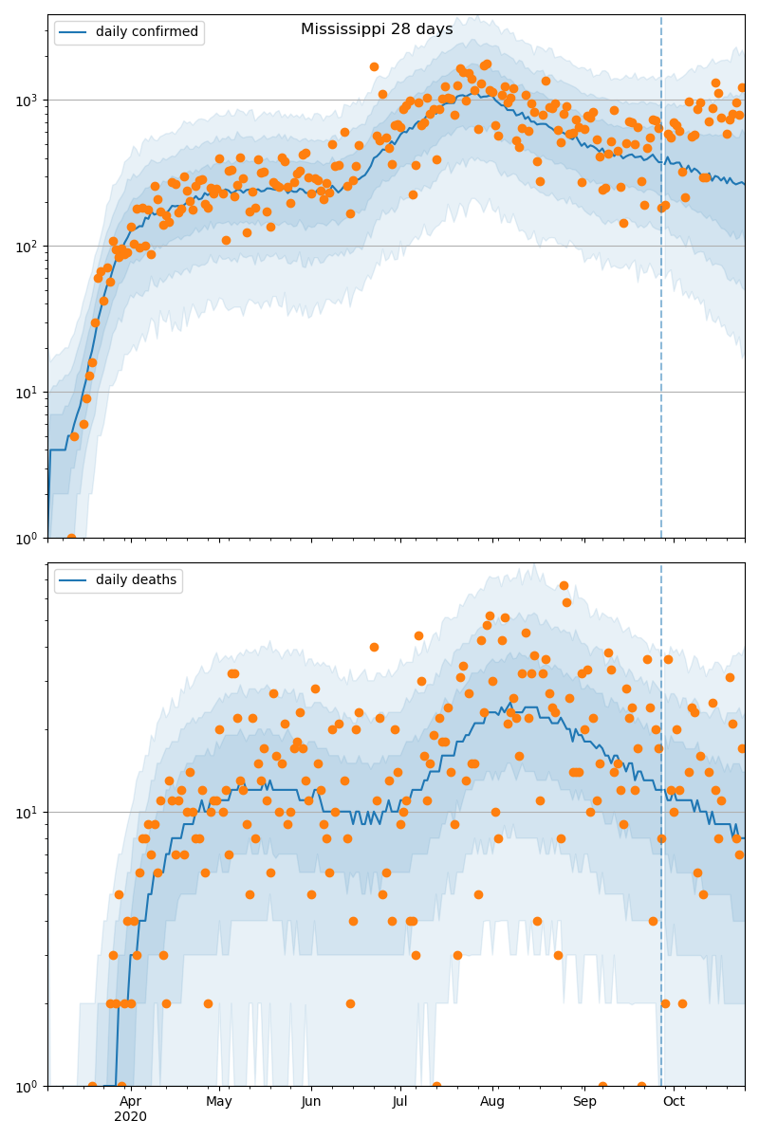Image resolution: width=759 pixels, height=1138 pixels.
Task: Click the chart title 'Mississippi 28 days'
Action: coord(377,29)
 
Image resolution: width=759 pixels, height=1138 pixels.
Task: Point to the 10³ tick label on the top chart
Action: coord(30,100)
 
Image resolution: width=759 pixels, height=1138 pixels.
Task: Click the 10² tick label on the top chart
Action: coord(30,246)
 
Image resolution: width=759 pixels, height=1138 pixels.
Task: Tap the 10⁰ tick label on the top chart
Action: coord(30,538)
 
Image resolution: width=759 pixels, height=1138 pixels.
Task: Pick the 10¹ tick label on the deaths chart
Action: coord(30,812)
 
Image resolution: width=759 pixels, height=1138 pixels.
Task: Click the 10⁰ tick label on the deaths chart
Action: coord(30,1085)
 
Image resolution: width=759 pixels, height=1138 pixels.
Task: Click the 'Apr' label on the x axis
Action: coord(130,1101)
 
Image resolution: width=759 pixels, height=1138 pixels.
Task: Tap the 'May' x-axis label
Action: coord(219,1101)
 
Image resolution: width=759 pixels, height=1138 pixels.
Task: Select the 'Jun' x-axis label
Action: coord(311,1101)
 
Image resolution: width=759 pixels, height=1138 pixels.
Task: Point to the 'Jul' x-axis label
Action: coord(399,1101)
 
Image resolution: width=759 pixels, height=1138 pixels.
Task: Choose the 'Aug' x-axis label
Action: coord(492,1101)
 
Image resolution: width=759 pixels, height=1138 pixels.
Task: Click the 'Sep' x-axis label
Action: coord(584,1101)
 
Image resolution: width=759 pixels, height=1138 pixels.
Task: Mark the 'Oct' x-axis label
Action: coord(674,1101)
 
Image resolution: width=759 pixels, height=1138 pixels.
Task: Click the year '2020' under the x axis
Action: coord(130,1117)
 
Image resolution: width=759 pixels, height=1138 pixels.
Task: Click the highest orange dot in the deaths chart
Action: coord(564,585)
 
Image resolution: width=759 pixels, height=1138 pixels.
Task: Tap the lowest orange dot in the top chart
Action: coord(71,538)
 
